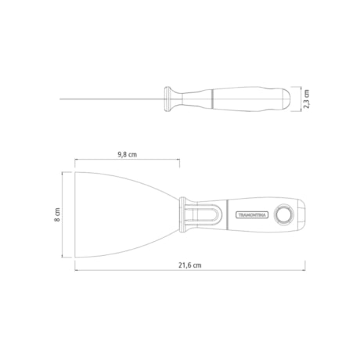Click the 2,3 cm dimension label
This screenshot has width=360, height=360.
pyautogui.click(x=308, y=99)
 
